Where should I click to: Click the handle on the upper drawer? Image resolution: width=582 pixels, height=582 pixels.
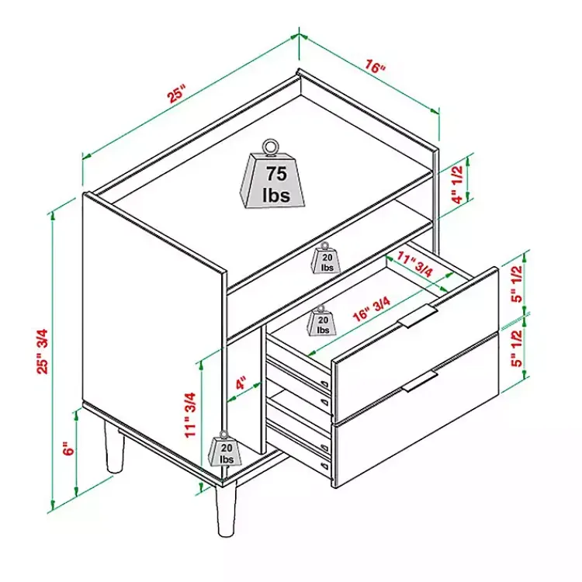pyautogui.click(x=417, y=314)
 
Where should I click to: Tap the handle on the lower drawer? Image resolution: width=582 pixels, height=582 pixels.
pyautogui.click(x=420, y=380)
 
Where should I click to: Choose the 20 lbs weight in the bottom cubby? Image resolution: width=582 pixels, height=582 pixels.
pyautogui.click(x=226, y=450)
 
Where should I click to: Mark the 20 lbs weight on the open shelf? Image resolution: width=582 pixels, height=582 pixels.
pyautogui.click(x=325, y=258)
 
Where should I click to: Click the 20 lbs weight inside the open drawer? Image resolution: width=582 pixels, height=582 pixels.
pyautogui.click(x=322, y=320)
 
